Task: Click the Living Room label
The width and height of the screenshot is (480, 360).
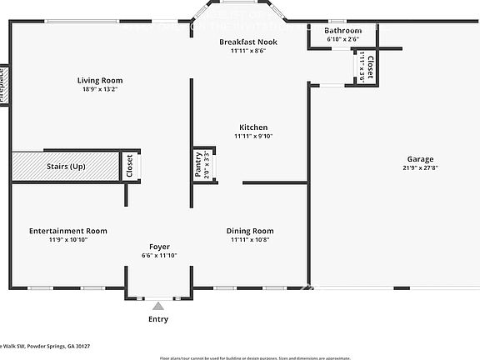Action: [x=100, y=81]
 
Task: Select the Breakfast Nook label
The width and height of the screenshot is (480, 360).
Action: [x=248, y=42]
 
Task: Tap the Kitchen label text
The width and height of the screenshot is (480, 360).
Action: [x=253, y=127]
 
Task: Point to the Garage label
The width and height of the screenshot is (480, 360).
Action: [x=397, y=159]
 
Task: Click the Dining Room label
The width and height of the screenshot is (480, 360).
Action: [x=250, y=231]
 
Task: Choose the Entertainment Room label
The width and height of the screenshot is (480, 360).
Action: [x=67, y=231]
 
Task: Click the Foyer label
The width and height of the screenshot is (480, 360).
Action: [x=159, y=247]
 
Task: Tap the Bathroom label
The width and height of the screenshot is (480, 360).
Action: [x=342, y=30]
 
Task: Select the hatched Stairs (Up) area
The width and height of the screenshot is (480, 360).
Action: [x=64, y=167]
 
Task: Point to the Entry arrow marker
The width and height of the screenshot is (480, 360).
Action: [x=158, y=306]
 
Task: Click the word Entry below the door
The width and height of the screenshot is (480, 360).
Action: [x=158, y=319]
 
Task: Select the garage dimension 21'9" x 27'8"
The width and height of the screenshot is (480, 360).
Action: [x=397, y=167]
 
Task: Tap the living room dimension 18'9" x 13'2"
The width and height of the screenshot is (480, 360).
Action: [x=100, y=89]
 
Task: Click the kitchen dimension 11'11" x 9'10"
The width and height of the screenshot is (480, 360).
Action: [x=253, y=136]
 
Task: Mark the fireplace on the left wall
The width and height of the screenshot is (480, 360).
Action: [x=3, y=84]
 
